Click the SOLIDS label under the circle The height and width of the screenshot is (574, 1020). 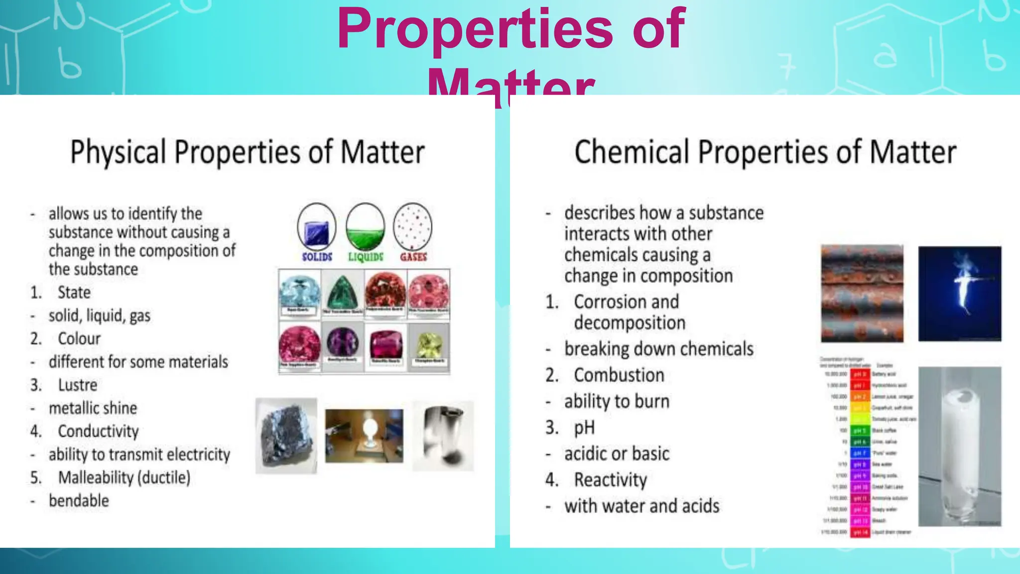tap(317, 257)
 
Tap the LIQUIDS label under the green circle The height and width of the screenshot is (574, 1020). tap(366, 257)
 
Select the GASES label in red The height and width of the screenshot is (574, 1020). tap(413, 257)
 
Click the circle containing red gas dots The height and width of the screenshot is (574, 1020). tap(413, 227)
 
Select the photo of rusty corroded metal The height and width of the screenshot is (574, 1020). tap(862, 293)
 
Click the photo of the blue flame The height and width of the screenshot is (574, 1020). tap(960, 293)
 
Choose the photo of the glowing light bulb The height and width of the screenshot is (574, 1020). tap(364, 435)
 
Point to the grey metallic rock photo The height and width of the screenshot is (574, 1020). tap(286, 435)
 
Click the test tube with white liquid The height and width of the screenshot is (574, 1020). tap(959, 446)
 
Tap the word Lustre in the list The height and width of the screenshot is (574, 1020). tap(78, 385)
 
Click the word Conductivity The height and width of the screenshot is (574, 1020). tap(98, 431)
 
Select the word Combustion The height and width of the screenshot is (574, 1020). tap(619, 375)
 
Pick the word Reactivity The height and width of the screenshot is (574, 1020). tap(611, 480)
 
